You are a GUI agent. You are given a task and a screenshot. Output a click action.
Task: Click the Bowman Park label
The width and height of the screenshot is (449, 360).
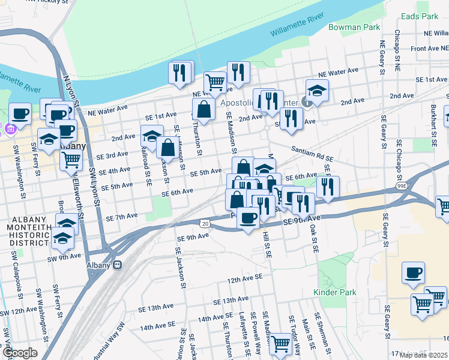click(x=354, y=27)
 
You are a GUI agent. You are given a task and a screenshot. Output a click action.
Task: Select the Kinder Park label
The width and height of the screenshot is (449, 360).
click(x=334, y=292)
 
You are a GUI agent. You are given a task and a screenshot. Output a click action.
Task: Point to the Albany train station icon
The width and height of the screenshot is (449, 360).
click(x=119, y=265)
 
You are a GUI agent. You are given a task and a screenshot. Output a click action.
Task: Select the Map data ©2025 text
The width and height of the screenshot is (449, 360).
click(x=424, y=355)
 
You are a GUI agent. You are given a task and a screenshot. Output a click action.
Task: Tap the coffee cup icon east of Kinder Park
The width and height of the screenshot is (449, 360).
click(x=412, y=273)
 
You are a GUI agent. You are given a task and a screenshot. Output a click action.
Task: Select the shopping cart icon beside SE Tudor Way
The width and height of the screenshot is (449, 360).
click(x=280, y=344)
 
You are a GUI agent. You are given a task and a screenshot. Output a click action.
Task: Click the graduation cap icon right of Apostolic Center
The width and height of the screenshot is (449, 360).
click(x=317, y=91)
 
